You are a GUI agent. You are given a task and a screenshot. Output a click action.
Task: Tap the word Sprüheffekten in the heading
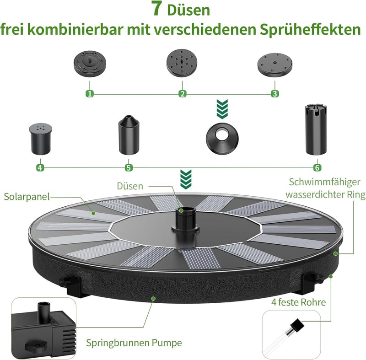point(311,30)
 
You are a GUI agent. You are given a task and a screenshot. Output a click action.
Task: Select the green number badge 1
point(90,94)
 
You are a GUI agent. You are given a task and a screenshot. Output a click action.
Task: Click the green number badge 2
point(182,94)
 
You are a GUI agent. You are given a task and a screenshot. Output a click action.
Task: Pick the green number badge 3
point(275,94)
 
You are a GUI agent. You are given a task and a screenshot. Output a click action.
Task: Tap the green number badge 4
point(40,167)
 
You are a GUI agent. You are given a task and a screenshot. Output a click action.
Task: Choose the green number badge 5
point(129,167)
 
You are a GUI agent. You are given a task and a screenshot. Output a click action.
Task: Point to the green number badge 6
point(317,167)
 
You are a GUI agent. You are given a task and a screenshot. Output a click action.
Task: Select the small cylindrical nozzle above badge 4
point(40,139)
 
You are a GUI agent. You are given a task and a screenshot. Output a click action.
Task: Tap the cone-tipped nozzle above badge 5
point(129,135)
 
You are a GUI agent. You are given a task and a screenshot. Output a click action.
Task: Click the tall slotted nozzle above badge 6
point(316,130)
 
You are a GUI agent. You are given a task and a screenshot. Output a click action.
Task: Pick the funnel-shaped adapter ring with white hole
point(222,139)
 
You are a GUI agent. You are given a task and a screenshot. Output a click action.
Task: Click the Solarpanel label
point(27,197)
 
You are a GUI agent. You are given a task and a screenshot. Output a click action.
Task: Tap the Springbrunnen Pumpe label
point(134,343)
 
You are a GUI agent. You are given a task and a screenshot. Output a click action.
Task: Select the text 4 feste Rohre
point(298,302)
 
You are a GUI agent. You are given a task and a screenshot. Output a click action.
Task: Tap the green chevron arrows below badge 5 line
point(186,179)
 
